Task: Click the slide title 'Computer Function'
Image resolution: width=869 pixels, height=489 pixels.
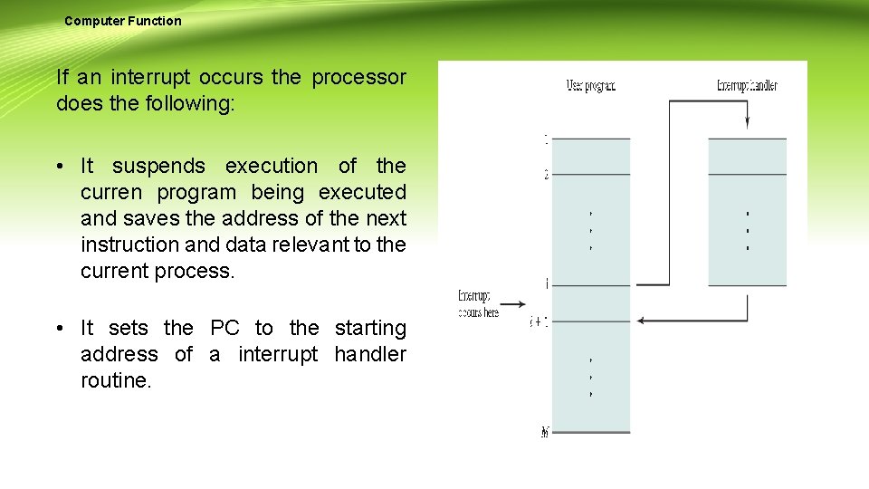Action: click(122, 21)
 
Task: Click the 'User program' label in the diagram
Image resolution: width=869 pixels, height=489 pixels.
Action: click(590, 86)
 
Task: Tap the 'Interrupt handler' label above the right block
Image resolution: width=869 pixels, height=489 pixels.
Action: click(747, 86)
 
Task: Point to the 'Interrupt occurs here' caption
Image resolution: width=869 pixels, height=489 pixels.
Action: click(478, 303)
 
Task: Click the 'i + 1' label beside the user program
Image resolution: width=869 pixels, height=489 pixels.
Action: click(539, 321)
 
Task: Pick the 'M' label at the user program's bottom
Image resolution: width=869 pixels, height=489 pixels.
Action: click(545, 433)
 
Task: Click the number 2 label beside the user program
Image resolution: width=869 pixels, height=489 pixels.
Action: click(546, 175)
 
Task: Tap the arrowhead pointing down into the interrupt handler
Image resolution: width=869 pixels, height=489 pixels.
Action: click(748, 122)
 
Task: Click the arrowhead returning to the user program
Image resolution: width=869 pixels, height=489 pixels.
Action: click(642, 320)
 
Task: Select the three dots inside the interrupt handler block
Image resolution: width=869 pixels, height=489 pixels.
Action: click(748, 231)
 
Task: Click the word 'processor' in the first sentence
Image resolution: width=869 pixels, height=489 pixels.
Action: click(359, 78)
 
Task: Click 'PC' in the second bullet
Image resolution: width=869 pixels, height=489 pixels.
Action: click(224, 328)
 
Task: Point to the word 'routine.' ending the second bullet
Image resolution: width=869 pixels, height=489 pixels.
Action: click(116, 381)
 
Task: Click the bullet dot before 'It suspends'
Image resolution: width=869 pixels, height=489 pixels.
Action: click(58, 167)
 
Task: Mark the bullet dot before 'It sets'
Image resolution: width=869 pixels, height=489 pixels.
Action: click(58, 329)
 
